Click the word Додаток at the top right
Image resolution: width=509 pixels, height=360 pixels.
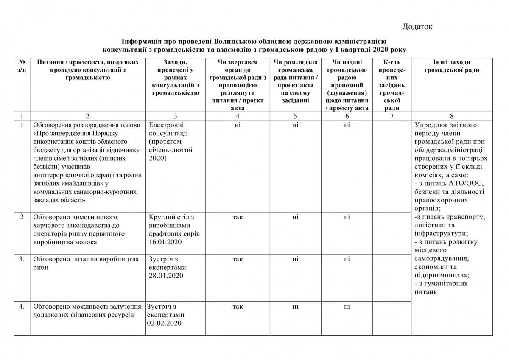tap(417, 27)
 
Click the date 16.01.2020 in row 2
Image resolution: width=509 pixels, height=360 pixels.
tap(166, 242)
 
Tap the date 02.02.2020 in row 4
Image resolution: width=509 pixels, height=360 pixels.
tap(164, 324)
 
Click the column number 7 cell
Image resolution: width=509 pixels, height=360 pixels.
tap(390, 116)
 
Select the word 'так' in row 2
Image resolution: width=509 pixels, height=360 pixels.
tap(238, 217)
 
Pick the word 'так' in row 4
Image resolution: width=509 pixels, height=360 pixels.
tap(238, 307)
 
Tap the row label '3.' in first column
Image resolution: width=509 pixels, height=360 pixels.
tap(22, 259)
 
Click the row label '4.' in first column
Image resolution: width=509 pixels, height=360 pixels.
tap(22, 307)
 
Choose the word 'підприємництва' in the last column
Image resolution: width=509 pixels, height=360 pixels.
tap(442, 275)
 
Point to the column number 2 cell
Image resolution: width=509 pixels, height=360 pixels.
tap(87, 116)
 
